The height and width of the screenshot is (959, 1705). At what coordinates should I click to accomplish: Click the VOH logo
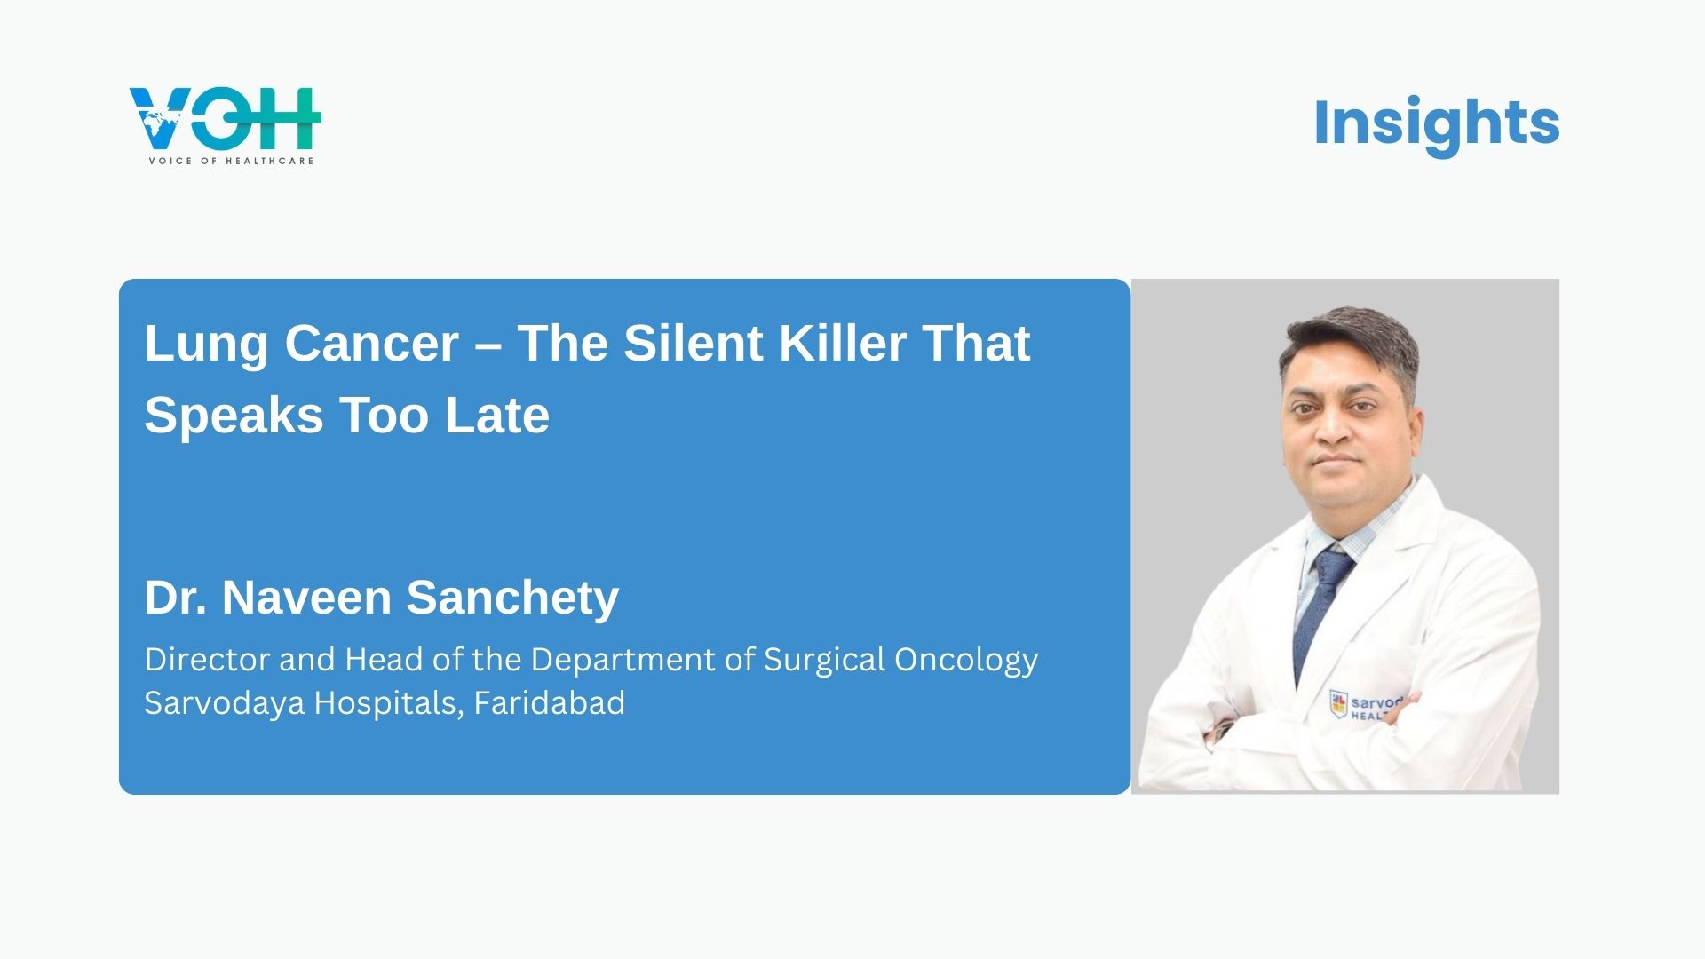pos(225,125)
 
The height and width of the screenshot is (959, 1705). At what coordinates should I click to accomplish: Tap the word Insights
pos(1436,123)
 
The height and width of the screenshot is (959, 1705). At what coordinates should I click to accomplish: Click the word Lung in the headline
pos(206,345)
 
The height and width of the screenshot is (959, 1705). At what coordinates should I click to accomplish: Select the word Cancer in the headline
pos(372,344)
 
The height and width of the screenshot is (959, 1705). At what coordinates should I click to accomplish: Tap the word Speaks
pos(234,416)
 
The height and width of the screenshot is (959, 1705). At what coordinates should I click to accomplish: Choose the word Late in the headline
pos(497,416)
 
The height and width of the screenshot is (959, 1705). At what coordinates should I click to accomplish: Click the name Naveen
pos(306,598)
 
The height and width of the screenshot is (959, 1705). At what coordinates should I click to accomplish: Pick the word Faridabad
pos(549,703)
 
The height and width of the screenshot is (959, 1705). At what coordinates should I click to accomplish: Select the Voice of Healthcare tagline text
pos(231,161)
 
